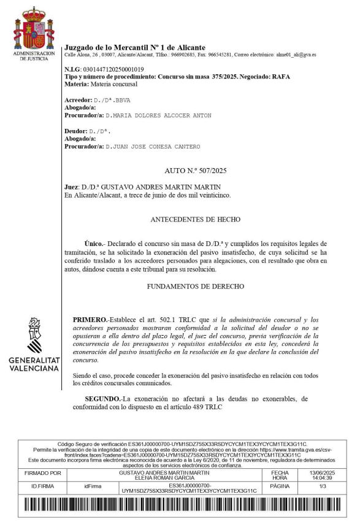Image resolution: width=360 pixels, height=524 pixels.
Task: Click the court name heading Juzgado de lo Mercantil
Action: pos(135,47)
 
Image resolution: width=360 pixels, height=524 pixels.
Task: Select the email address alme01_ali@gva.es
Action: pos(296,55)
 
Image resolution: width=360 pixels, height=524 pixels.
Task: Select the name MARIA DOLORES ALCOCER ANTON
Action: pos(158,115)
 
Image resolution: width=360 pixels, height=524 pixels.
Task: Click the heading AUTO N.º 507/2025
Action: pos(196,171)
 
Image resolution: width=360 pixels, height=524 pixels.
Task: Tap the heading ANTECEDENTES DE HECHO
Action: pos(195,219)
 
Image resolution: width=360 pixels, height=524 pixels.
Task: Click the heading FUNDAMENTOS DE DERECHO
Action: pos(196,286)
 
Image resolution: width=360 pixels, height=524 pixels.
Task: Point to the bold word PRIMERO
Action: pos(90,320)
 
